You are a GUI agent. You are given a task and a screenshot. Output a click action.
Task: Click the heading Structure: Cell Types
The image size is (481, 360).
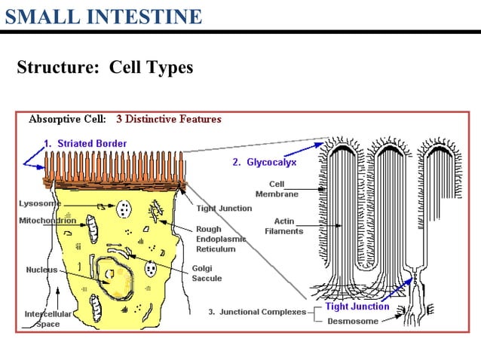click(105, 67)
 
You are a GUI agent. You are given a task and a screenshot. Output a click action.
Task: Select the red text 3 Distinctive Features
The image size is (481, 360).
click(169, 119)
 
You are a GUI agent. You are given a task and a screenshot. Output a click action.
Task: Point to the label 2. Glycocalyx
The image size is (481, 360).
click(264, 161)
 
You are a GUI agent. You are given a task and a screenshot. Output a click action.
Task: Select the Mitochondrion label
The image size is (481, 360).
click(47, 221)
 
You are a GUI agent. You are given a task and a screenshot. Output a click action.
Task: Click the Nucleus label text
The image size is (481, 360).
click(41, 270)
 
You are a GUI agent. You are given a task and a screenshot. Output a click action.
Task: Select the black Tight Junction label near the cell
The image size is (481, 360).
click(224, 209)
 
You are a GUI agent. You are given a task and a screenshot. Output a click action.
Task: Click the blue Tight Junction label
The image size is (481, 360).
click(357, 307)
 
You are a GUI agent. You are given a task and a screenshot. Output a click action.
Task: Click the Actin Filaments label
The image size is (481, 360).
click(284, 226)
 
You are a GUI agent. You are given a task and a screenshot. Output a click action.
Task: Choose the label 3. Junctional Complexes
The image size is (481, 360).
click(257, 312)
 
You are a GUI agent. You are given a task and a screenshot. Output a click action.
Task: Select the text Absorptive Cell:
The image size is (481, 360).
click(67, 119)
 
